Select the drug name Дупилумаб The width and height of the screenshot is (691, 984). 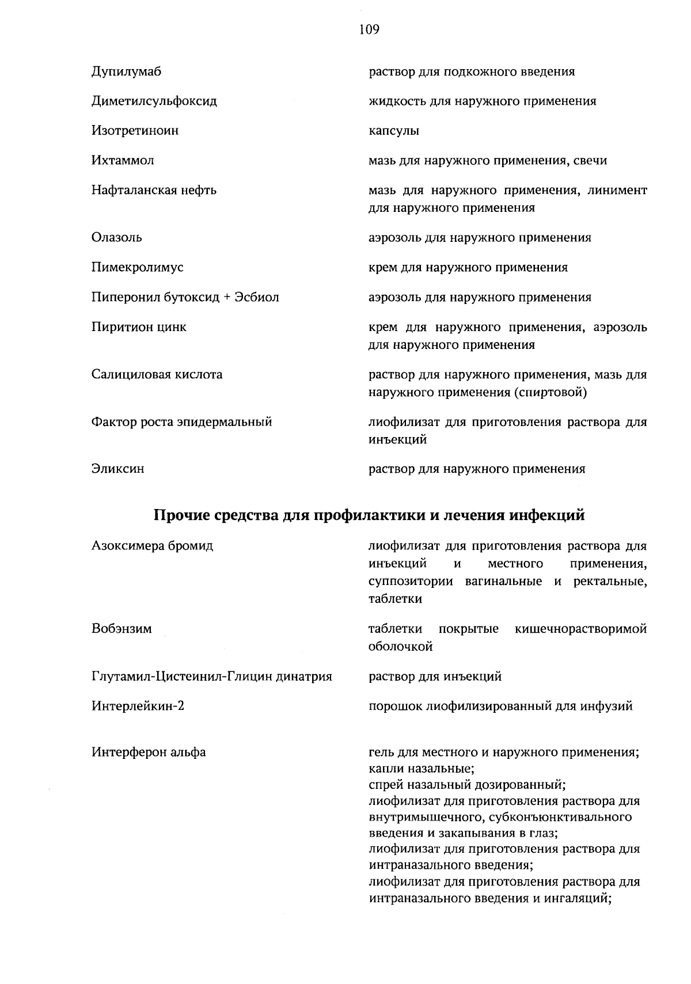[126, 72]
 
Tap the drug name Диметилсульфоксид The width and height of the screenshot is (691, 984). [154, 101]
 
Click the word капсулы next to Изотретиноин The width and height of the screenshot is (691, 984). [394, 131]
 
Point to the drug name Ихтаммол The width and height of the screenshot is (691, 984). [122, 161]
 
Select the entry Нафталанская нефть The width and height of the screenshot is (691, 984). [154, 190]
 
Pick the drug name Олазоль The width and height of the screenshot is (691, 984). [116, 238]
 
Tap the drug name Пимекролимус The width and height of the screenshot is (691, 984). [137, 268]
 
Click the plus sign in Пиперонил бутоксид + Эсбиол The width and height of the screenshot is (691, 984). [227, 298]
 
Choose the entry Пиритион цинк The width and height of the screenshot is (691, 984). [139, 328]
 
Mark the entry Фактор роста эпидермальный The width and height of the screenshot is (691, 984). [181, 422]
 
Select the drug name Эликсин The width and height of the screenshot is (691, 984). [117, 469]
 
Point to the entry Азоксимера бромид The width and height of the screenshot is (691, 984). [152, 546]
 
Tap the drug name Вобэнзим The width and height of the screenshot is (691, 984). [122, 629]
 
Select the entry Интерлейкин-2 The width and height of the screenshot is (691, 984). [138, 706]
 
